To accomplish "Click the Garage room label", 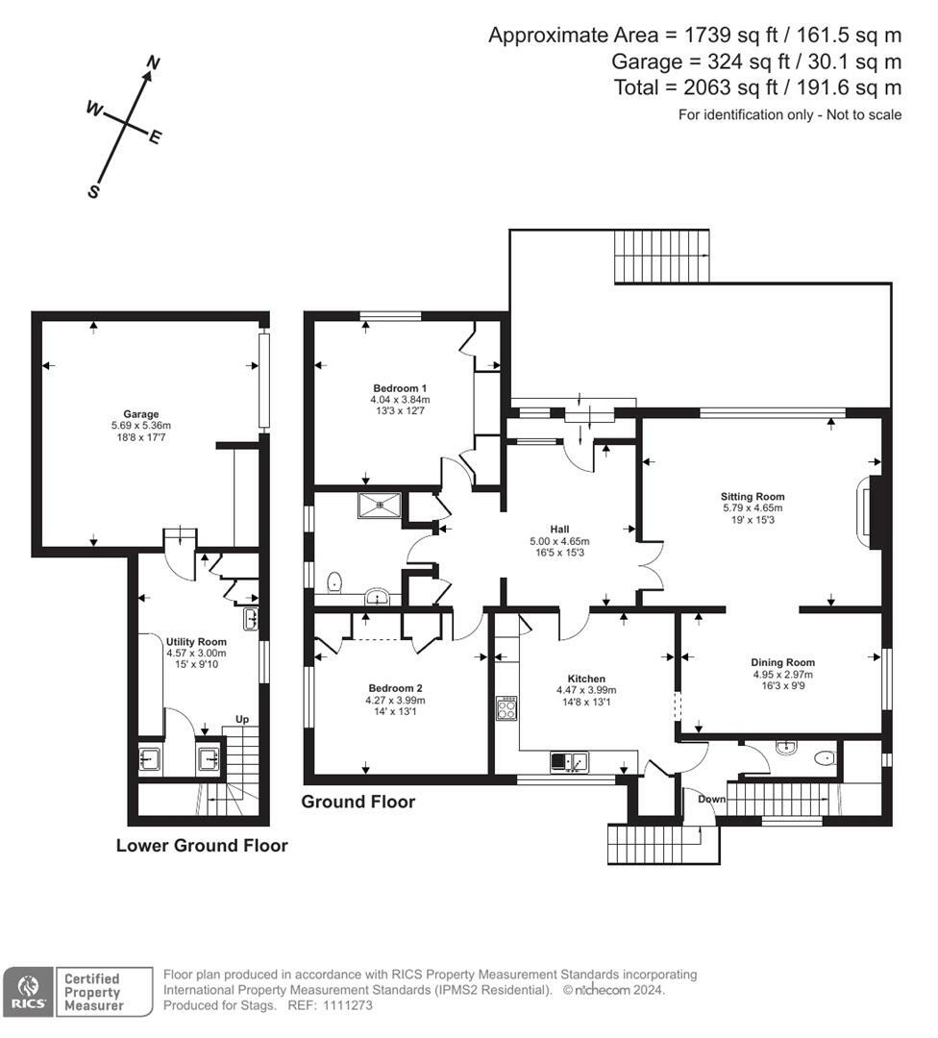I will coord(140,414).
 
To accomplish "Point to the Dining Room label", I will coord(782,662).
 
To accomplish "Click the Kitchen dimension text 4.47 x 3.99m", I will coord(586,690).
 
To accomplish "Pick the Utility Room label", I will coord(196,641).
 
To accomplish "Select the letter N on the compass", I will coord(152,63).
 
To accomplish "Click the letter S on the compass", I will coord(93,192).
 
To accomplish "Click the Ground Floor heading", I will coord(358,802).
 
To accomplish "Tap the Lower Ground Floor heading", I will coord(202,846).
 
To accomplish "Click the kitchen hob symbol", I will coord(506,709).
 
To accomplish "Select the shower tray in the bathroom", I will coord(380,503).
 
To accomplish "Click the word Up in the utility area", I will coord(244,720).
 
